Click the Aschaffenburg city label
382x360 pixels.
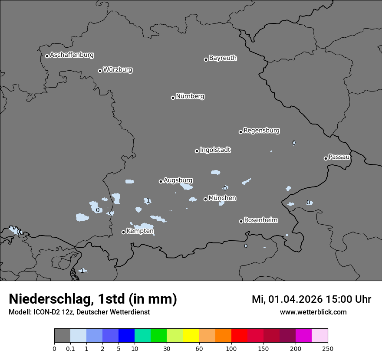pyautogui.click(x=72, y=55)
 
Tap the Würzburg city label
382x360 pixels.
pyautogui.click(x=118, y=70)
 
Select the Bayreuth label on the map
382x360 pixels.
pyautogui.click(x=223, y=58)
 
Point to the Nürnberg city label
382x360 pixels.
pyautogui.click(x=190, y=96)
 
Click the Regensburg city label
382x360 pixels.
pyautogui.click(x=261, y=131)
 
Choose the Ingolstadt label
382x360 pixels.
pyautogui.click(x=215, y=150)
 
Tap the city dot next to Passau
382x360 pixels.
pyautogui.click(x=326, y=158)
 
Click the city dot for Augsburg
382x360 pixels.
pyautogui.click(x=161, y=181)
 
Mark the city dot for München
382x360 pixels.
pyautogui.click(x=205, y=199)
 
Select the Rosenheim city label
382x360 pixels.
pyautogui.click(x=260, y=220)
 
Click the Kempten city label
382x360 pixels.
pyautogui.click(x=140, y=231)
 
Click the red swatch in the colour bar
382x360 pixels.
pyautogui.click(x=239, y=336)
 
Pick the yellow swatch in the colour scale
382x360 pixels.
pyautogui.click(x=191, y=336)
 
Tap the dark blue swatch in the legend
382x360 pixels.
pyautogui.click(x=126, y=336)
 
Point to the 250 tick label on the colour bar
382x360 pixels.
pyautogui.click(x=328, y=348)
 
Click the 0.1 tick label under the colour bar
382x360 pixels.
pyautogui.click(x=70, y=348)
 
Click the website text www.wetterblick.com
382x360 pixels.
pyautogui.click(x=313, y=312)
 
